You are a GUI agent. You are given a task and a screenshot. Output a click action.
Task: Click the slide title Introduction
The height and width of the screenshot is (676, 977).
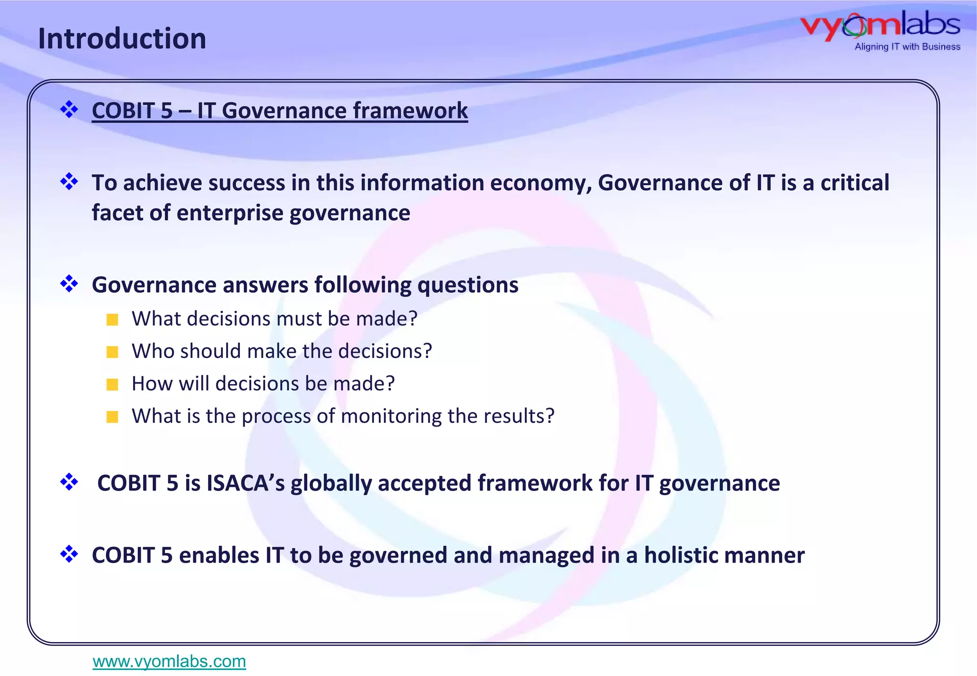[122, 39]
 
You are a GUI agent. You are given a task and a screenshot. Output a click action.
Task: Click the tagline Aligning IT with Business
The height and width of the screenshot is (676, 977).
[907, 47]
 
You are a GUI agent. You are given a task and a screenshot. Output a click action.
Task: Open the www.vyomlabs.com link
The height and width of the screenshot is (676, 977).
[169, 661]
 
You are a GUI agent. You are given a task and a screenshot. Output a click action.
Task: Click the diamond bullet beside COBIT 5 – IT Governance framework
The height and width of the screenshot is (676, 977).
[69, 110]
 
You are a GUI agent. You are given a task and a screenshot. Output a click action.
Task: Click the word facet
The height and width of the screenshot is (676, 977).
[117, 213]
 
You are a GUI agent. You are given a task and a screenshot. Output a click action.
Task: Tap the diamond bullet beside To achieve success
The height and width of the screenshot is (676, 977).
[69, 182]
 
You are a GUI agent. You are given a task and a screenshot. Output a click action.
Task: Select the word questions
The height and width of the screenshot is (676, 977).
[468, 285]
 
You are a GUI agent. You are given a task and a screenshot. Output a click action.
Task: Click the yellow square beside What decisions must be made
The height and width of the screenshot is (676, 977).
[113, 319]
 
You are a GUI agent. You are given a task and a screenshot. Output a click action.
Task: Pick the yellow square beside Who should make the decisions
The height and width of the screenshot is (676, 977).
[113, 352]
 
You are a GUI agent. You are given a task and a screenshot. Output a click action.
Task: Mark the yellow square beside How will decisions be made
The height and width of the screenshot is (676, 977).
[113, 384]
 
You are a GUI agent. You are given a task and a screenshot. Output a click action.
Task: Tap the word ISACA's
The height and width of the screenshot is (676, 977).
[245, 483]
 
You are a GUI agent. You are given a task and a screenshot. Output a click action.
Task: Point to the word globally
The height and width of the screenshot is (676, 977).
[331, 483]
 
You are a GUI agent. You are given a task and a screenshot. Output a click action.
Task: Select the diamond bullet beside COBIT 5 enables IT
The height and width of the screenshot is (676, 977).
[69, 554]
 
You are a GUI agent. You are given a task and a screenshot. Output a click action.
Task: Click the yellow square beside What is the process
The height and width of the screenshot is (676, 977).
[113, 417]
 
